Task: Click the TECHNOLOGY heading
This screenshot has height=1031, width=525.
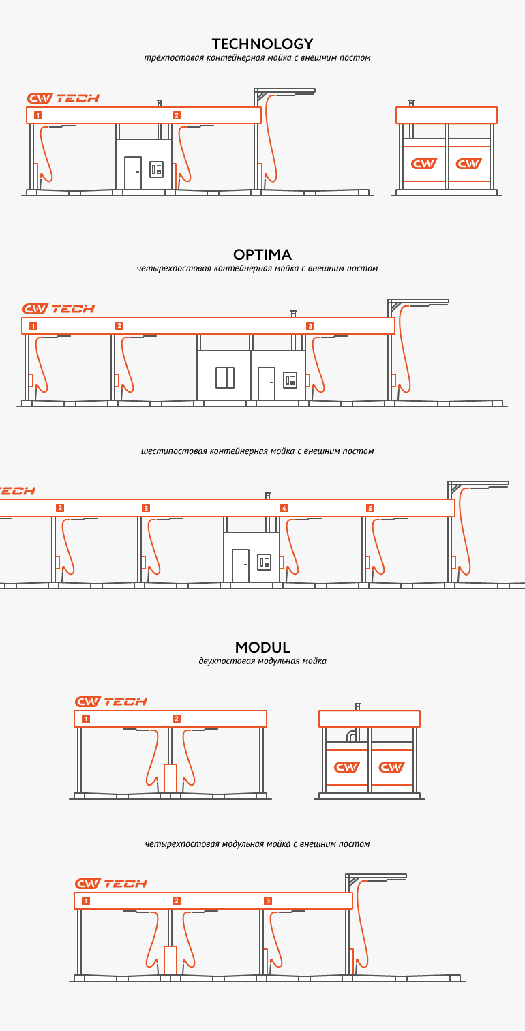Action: tap(262, 44)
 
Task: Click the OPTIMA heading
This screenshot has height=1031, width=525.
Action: tap(262, 255)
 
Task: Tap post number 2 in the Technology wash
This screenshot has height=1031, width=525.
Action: tap(177, 115)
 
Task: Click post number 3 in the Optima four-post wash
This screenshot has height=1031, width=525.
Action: tap(310, 326)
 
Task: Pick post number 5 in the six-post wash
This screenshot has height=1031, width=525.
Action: tap(370, 508)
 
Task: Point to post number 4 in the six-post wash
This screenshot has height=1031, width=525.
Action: tap(284, 508)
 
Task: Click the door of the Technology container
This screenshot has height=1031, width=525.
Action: tap(133, 173)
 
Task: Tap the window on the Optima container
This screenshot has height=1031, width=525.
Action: tap(225, 377)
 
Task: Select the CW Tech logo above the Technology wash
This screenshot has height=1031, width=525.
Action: tap(63, 98)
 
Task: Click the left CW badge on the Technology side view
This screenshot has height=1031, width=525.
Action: tap(424, 164)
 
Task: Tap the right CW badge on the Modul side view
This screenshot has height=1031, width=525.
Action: tap(392, 767)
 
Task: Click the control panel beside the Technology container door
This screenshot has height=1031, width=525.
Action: tap(157, 169)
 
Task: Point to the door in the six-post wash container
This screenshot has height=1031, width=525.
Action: tap(241, 565)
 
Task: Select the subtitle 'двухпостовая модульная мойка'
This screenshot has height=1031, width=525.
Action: tap(262, 661)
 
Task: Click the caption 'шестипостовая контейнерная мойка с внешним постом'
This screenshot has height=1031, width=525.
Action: tap(258, 451)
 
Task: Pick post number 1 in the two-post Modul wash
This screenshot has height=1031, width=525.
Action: tap(85, 719)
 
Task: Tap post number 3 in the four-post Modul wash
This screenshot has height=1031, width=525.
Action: tap(268, 901)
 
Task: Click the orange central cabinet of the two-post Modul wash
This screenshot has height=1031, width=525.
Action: tap(170, 778)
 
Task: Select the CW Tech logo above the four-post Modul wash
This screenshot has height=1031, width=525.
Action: tap(111, 884)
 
